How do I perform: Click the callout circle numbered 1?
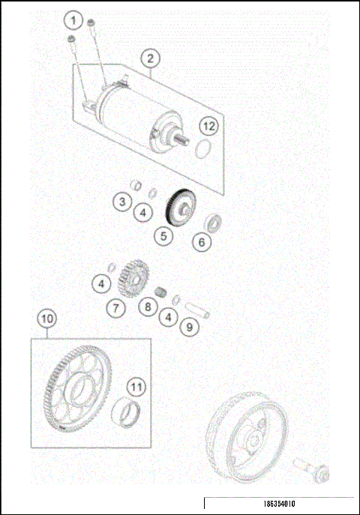pos(74,18)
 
